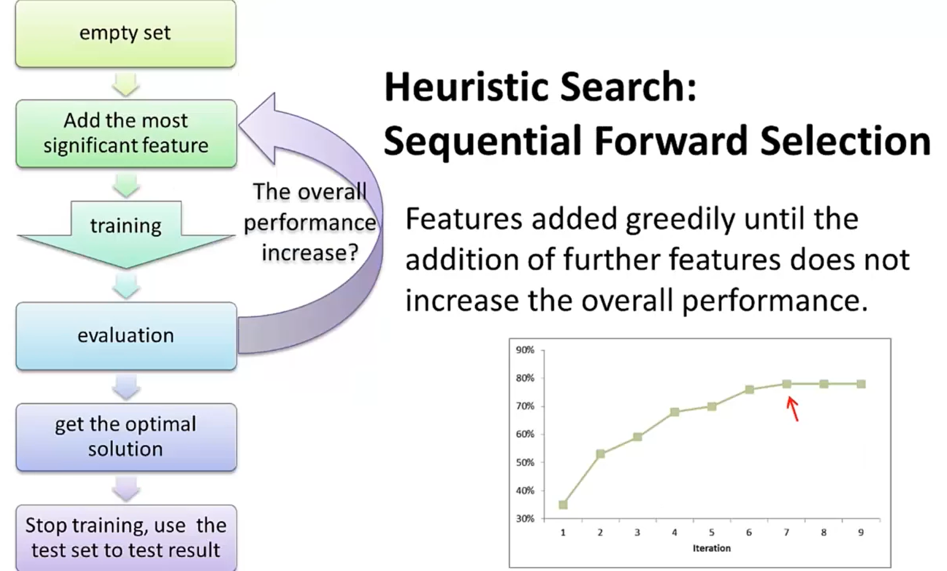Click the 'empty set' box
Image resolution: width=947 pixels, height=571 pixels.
click(x=126, y=33)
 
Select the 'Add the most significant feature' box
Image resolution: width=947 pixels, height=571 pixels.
click(x=126, y=134)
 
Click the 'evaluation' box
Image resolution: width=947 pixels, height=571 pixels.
click(x=126, y=336)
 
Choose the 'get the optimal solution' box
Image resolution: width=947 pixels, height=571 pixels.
click(x=126, y=437)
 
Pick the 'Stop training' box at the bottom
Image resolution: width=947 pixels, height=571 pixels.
click(x=126, y=538)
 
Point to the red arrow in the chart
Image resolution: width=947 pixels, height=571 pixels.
click(x=792, y=409)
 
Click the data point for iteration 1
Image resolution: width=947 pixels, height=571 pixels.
click(x=563, y=505)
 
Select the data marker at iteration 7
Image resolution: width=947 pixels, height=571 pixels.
click(x=786, y=384)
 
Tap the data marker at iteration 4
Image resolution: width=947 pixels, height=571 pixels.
click(x=674, y=412)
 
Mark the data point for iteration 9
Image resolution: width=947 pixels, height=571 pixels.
click(x=861, y=384)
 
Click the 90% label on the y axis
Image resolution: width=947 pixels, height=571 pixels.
click(x=525, y=350)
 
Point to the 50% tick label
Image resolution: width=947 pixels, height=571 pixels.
click(x=525, y=462)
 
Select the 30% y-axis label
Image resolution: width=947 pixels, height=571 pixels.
click(x=525, y=519)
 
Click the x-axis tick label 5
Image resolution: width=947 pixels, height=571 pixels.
click(x=712, y=532)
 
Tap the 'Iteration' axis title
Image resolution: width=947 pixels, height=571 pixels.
click(x=711, y=548)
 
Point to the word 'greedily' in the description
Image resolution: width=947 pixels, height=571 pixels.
click(x=680, y=220)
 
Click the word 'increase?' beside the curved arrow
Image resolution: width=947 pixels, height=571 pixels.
click(x=310, y=253)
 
